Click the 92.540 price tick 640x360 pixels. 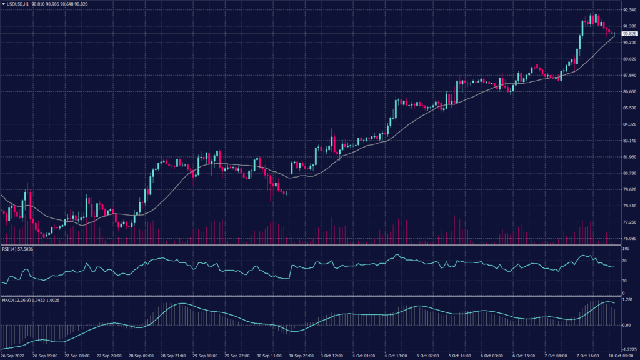pos(627,10)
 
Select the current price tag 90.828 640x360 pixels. pos(628,34)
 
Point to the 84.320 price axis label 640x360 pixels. pos(627,124)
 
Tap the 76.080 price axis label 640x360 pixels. pos(627,239)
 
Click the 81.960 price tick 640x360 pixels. pos(627,157)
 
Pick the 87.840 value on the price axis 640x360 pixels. pos(627,76)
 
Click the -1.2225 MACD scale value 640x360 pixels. pos(627,350)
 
